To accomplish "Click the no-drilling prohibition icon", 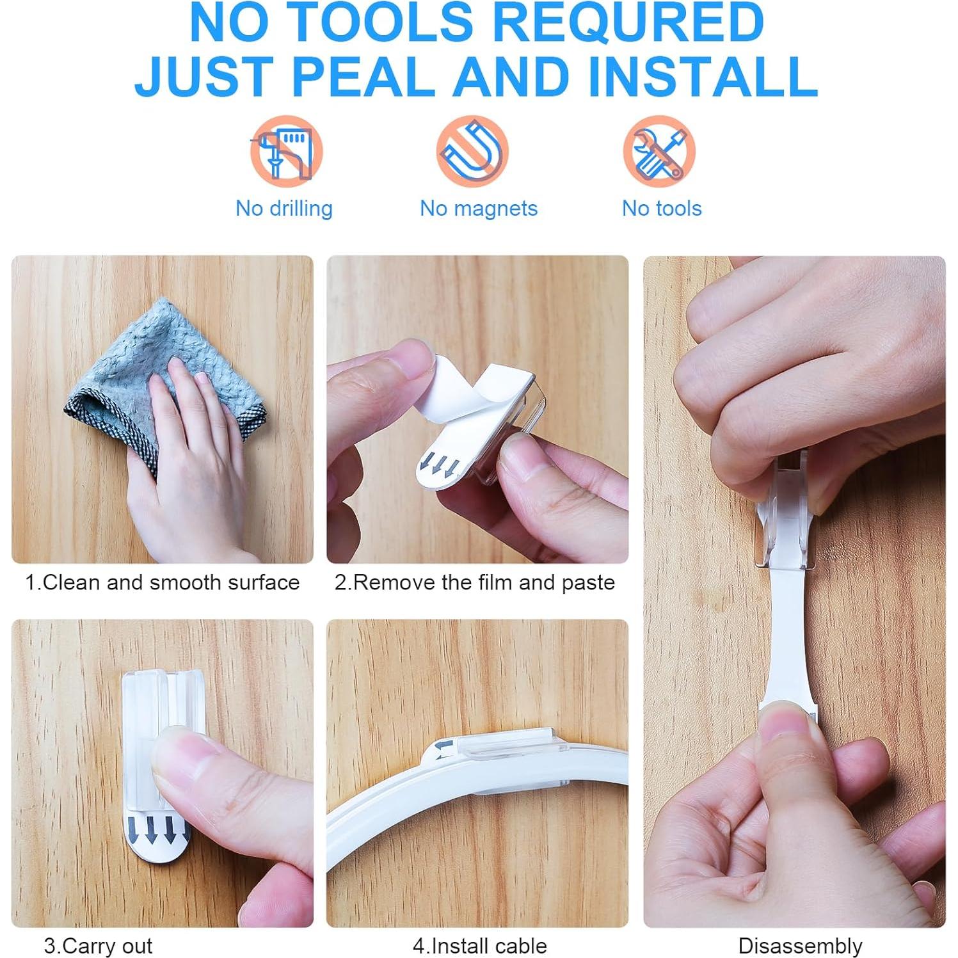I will coord(286,152).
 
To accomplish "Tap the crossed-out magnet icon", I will coord(472,152).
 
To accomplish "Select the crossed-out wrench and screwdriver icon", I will coord(659,152).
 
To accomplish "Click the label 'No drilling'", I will coord(284,208).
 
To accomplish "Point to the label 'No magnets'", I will coord(479,208).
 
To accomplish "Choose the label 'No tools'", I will coord(662,208).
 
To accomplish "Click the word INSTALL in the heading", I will coord(703,77).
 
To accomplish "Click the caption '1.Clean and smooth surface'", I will coord(162,582).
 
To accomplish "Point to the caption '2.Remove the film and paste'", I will coord(474,582).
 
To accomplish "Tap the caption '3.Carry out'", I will coord(98,945).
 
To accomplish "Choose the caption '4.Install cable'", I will coord(479,945).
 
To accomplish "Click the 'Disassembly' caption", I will coord(800,945).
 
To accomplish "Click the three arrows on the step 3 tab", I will coord(151,830).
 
